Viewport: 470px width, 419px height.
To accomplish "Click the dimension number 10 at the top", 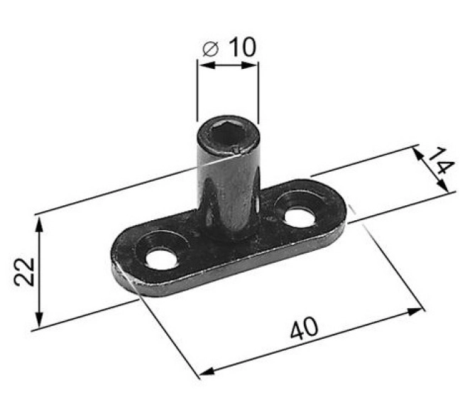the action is [243, 47].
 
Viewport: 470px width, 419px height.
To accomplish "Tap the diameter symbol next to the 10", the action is [210, 49].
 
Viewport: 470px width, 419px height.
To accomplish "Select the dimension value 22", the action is [25, 271].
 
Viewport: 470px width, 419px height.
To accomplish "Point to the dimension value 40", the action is [304, 328].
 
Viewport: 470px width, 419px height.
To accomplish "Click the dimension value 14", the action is [440, 160].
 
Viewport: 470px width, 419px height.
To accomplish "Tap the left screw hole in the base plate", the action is [162, 259].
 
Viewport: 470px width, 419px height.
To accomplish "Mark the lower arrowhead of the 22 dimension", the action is [39, 320].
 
